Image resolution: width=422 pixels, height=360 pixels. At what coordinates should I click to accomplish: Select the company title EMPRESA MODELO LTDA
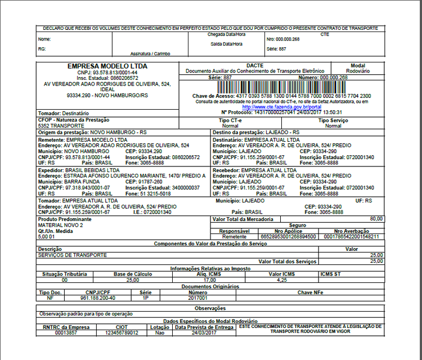(x=107, y=66)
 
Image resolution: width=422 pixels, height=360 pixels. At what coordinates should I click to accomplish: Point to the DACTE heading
(x=254, y=65)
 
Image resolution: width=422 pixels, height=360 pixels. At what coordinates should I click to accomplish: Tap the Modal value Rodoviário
(x=358, y=71)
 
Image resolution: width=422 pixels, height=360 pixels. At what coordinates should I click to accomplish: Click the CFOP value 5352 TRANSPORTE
(x=61, y=126)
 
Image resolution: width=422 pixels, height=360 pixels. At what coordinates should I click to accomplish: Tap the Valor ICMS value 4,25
(x=282, y=280)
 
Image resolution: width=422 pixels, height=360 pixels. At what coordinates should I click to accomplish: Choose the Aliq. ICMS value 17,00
(x=209, y=280)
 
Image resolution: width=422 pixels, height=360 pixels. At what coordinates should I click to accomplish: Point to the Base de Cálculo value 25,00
(x=132, y=280)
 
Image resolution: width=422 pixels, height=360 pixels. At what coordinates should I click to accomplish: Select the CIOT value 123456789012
(x=119, y=332)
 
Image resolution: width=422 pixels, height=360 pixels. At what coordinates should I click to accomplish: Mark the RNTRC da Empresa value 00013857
(x=66, y=332)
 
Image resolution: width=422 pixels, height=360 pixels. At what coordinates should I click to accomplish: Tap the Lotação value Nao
(x=159, y=332)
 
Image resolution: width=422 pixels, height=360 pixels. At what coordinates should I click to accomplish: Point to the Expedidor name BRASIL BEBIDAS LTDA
(x=92, y=169)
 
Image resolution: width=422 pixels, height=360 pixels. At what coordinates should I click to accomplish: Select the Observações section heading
(x=210, y=308)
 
